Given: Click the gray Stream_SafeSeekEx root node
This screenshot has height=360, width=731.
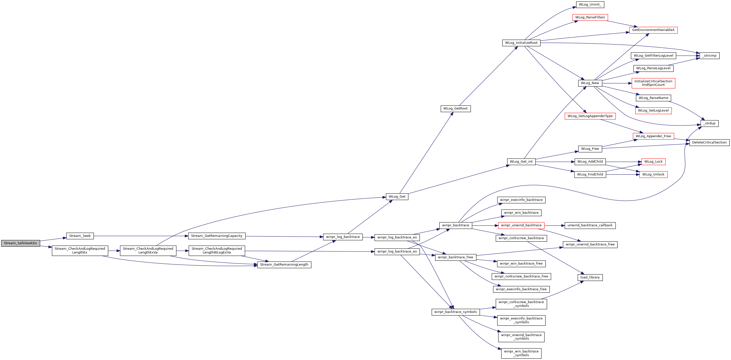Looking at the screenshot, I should (x=20, y=243).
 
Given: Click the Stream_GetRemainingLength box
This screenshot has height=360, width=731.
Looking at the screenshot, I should (x=284, y=265).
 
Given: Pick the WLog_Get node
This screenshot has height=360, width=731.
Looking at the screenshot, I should (x=397, y=197).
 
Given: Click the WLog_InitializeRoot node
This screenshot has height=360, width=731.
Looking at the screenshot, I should (x=521, y=43).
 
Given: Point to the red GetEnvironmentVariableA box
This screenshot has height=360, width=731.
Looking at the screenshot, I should (x=653, y=30).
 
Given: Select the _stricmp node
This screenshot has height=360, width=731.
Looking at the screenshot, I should (x=709, y=56).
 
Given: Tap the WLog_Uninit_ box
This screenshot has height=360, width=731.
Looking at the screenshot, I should (x=590, y=5).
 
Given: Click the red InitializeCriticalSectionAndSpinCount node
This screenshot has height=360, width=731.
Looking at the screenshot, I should (x=653, y=83).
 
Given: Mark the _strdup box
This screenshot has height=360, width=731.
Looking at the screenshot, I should (x=709, y=123).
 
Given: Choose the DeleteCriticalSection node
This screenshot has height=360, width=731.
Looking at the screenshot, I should (x=709, y=142).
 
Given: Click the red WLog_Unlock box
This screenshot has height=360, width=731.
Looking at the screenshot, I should (x=653, y=174).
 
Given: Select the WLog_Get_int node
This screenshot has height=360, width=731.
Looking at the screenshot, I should (x=521, y=162).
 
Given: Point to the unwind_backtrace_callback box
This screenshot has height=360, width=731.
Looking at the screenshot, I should (x=590, y=226).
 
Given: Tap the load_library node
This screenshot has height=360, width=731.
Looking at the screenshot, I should (x=590, y=277).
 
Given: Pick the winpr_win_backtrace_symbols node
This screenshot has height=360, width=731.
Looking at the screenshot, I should (x=521, y=353).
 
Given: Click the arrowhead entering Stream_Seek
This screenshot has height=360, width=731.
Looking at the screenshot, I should (x=65, y=238).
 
